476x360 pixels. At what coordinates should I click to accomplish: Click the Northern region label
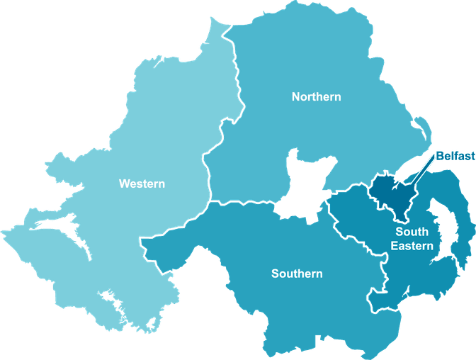(x=316, y=96)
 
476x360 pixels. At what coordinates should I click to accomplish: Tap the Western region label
(x=142, y=184)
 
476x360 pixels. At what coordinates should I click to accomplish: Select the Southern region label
(x=297, y=274)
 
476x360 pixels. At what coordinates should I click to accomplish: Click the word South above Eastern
(x=412, y=232)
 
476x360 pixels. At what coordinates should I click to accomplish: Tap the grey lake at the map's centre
(x=304, y=184)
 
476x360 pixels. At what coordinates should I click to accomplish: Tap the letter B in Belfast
(x=438, y=155)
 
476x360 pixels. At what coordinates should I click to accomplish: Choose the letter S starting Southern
(x=275, y=274)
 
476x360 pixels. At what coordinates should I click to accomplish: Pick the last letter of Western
(x=161, y=184)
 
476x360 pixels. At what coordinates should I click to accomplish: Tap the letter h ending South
(x=425, y=232)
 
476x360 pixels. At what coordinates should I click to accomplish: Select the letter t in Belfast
(x=472, y=155)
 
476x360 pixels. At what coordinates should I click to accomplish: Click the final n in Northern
(x=337, y=96)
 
